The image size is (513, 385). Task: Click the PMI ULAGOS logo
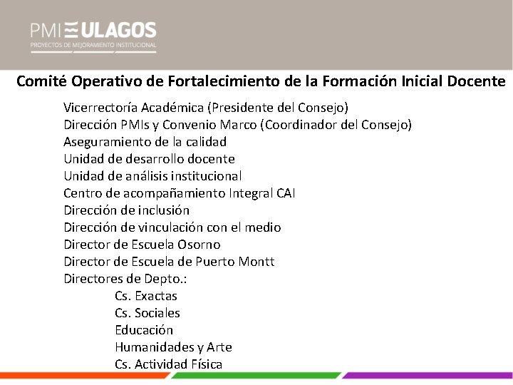pos(93,36)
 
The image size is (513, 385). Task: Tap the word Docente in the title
pos(477,81)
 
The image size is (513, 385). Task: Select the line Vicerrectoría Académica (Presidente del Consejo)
pos(206,108)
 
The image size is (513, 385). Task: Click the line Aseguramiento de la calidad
pos(145,142)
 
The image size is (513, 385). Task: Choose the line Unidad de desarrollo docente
pos(149,159)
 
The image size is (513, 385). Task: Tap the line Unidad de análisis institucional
pos(152,176)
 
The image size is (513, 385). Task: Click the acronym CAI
pos(284,193)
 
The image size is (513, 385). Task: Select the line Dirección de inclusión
pos(126,210)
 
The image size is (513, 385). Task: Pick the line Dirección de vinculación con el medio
pos(172,227)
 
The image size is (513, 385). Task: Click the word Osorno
pos(195,245)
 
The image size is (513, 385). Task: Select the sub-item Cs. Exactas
pos(145,296)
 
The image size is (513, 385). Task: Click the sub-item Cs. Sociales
pos(147,313)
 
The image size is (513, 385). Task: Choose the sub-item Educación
pos(144,330)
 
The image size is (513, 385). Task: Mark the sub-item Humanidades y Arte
pos(173,347)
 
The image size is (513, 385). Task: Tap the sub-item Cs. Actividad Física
pos(168,364)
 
